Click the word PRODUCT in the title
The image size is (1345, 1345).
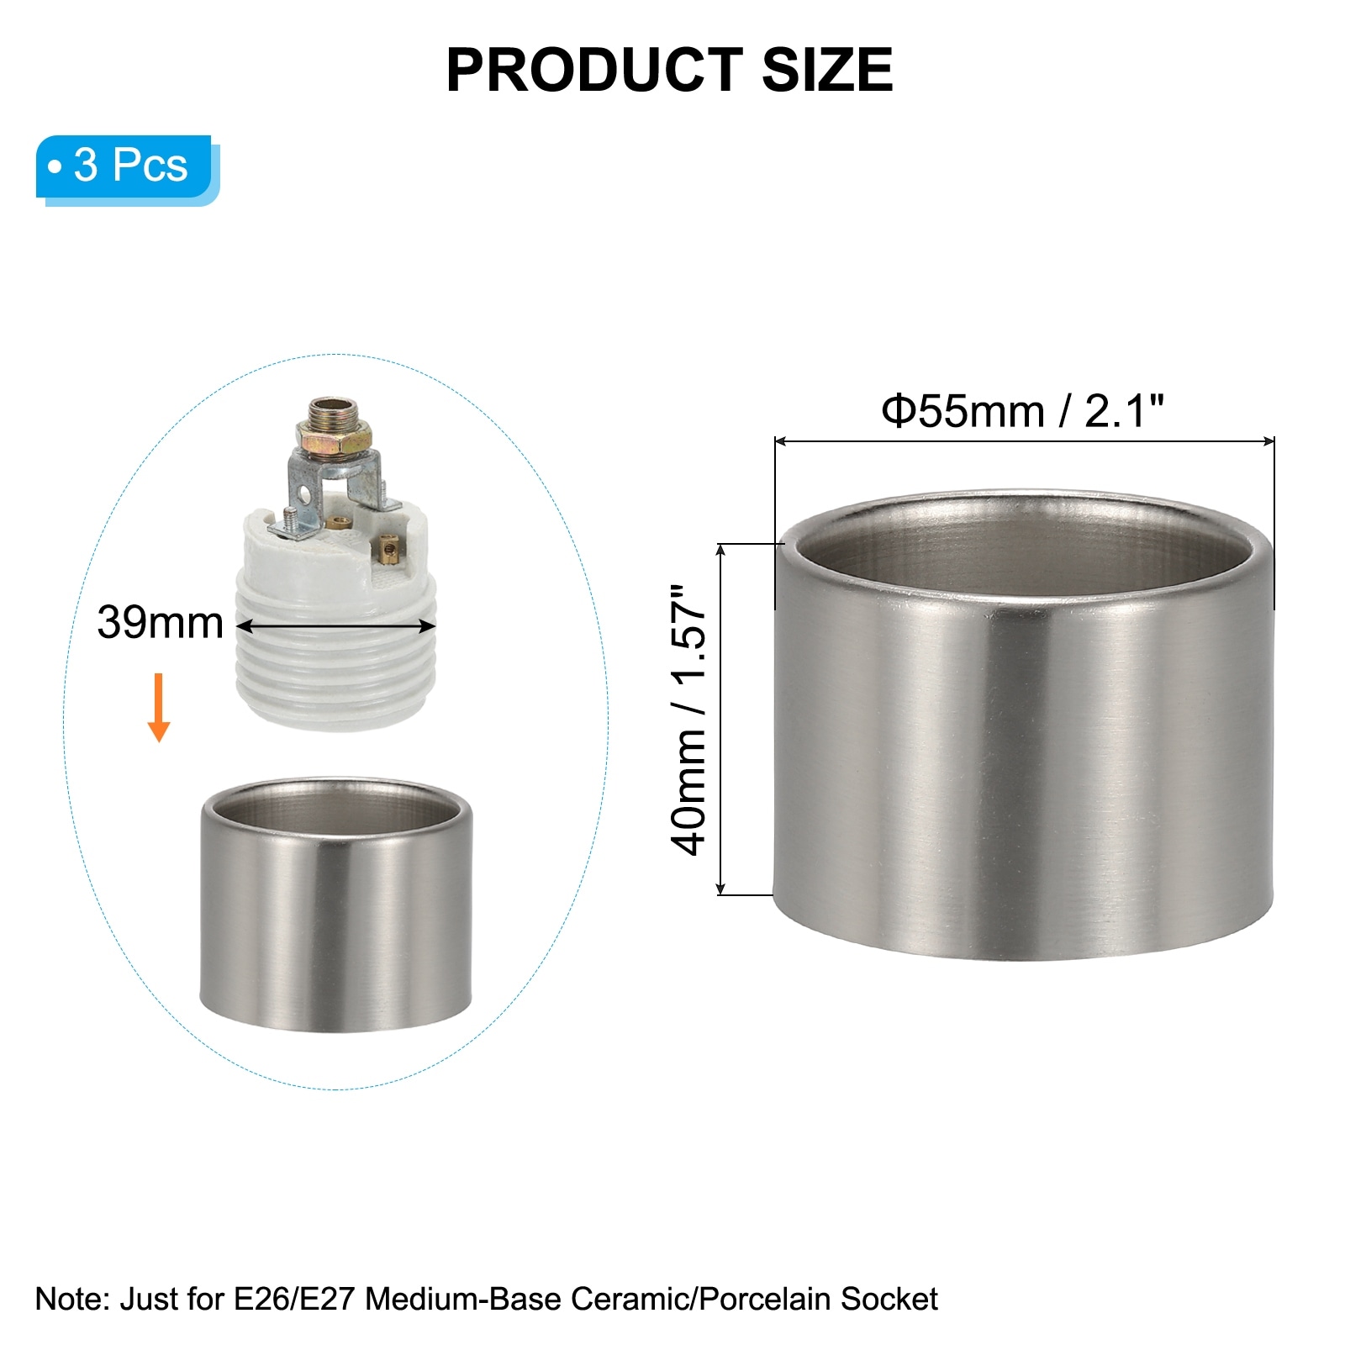click(x=594, y=70)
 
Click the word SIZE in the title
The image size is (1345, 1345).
click(x=827, y=70)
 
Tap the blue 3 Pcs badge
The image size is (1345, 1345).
click(x=128, y=169)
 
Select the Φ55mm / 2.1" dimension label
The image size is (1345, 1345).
click(x=1023, y=411)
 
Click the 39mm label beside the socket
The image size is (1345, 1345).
click(x=160, y=623)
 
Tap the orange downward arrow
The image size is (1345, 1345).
click(x=159, y=707)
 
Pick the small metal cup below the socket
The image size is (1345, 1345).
click(x=336, y=905)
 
